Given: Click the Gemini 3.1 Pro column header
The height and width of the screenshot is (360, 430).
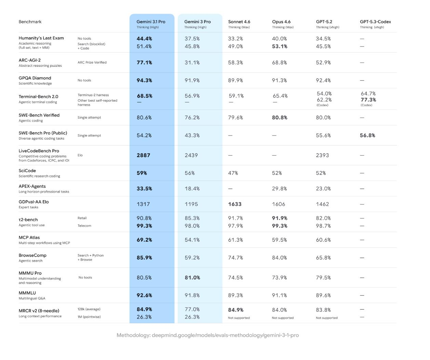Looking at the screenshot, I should [x=151, y=22].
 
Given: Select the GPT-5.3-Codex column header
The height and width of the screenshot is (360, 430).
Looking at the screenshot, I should [x=375, y=22].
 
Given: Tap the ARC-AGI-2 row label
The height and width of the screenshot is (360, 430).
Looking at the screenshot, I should [x=30, y=60].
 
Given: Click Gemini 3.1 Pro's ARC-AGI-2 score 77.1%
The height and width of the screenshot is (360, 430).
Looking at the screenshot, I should [x=144, y=63].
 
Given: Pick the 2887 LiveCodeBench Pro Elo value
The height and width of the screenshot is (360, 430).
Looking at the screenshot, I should [x=143, y=155].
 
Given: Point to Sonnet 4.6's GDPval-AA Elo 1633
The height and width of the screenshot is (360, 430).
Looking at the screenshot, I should [x=235, y=204].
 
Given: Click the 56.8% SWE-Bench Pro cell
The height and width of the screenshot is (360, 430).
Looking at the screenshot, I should [x=367, y=136].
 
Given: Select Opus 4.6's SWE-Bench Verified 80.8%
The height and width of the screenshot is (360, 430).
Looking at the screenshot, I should [x=280, y=118].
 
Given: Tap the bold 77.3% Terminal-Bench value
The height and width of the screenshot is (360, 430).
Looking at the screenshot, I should [x=368, y=100].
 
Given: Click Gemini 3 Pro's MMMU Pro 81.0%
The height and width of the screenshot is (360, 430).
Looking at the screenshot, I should [x=192, y=278].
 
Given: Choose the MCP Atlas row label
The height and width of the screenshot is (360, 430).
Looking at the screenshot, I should [x=29, y=237].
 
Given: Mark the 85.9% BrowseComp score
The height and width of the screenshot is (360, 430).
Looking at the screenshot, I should [x=144, y=258].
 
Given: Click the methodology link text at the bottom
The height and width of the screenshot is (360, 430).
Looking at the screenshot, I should [x=207, y=335].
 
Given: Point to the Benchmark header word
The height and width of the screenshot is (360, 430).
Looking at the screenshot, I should [x=30, y=22].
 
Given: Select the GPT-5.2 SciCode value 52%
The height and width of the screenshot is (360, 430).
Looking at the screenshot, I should [x=321, y=173].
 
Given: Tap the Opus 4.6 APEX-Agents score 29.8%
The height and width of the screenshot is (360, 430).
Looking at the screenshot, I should [x=280, y=189].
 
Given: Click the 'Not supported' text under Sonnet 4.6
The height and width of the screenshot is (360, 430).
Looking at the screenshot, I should [x=239, y=318].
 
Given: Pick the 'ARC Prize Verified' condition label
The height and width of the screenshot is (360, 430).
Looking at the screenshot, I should [x=92, y=63].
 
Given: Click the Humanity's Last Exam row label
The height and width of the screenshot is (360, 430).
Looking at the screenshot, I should [x=41, y=38].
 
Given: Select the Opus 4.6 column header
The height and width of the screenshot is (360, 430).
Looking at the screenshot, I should [x=281, y=22].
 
